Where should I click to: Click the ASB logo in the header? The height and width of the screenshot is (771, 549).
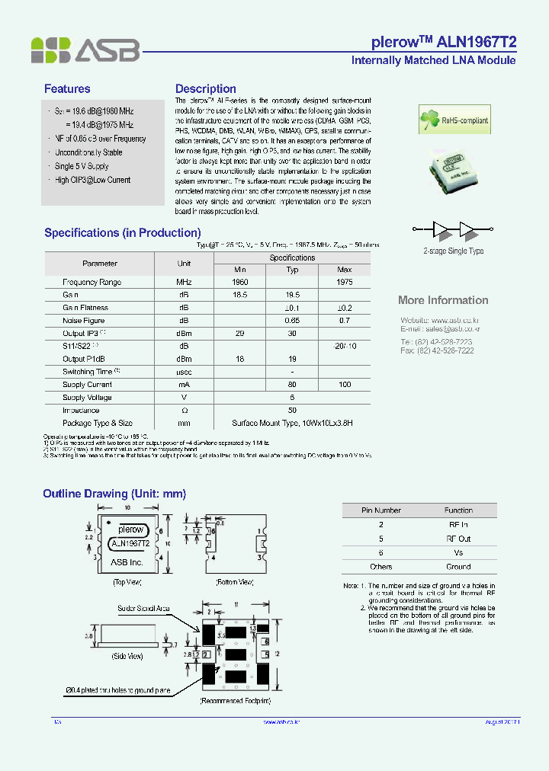pos(85,50)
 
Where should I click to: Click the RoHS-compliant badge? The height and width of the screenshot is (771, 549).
pos(450,120)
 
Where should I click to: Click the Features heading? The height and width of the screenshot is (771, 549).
pos(67,89)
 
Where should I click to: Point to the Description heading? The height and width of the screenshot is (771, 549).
pos(206,89)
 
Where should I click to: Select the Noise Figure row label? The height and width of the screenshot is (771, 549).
pos(84,321)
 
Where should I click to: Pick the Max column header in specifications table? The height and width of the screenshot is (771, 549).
pos(344,270)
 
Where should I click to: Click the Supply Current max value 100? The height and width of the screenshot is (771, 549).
pos(344,385)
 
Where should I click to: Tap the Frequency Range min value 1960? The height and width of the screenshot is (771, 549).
pos(239,283)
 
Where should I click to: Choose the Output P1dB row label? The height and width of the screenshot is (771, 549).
pos(85,359)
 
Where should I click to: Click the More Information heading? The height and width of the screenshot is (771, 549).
pos(443,300)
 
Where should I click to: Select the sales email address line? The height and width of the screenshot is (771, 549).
pos(440,328)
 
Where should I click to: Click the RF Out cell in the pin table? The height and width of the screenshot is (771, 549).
pos(458,539)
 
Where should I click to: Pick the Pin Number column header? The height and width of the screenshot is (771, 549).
pos(380,510)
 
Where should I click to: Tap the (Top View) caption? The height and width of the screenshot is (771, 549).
pos(129,581)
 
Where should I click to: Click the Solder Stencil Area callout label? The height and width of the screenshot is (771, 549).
pos(143,609)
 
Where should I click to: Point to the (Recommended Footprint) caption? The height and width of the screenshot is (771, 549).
pos(235,700)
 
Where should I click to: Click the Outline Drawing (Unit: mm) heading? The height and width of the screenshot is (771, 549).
pos(114,494)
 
